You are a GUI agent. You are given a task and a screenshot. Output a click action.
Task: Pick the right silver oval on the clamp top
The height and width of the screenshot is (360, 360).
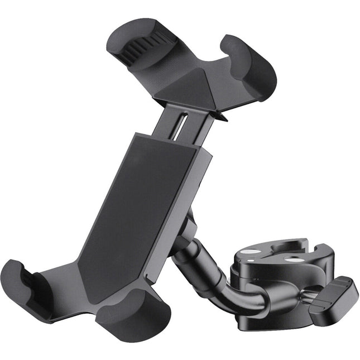click(x=290, y=258)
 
